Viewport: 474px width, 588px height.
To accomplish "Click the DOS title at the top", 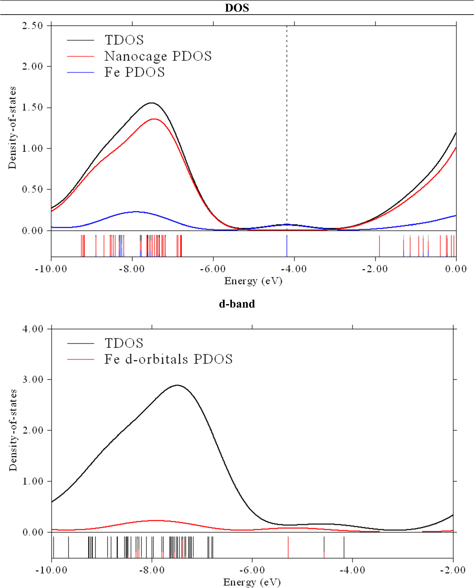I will [x=237, y=8].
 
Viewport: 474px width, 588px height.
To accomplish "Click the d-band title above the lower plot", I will [x=237, y=304].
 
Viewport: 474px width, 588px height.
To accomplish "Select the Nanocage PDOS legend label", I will [x=158, y=56].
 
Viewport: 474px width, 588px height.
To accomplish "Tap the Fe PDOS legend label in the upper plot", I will [x=134, y=72].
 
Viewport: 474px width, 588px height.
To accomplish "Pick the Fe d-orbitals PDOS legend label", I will [x=168, y=360].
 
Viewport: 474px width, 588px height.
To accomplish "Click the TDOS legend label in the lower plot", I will [x=124, y=343].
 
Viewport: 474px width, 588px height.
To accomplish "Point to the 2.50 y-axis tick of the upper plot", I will [x=32, y=26].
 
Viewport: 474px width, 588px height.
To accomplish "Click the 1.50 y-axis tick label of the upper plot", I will [x=32, y=108].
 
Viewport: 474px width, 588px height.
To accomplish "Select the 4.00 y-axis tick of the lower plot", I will [x=33, y=329].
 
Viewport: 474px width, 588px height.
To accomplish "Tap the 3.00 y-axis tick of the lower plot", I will [x=33, y=380].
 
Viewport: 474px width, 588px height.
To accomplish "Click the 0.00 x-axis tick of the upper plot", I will [x=456, y=269].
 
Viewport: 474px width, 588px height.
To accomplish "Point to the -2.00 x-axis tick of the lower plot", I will [x=453, y=570].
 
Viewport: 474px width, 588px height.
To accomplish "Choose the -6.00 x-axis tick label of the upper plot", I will [x=213, y=269].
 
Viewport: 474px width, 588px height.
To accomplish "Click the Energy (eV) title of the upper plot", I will [x=253, y=281].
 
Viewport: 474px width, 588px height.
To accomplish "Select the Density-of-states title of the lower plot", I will [x=13, y=430].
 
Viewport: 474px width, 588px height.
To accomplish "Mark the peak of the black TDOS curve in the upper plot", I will [x=152, y=103].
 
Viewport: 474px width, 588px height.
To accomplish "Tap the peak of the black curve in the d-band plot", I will [x=178, y=385].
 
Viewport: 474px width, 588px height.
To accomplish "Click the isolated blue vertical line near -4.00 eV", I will [x=287, y=246].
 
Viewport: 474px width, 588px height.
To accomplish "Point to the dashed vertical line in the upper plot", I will [x=287, y=127].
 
